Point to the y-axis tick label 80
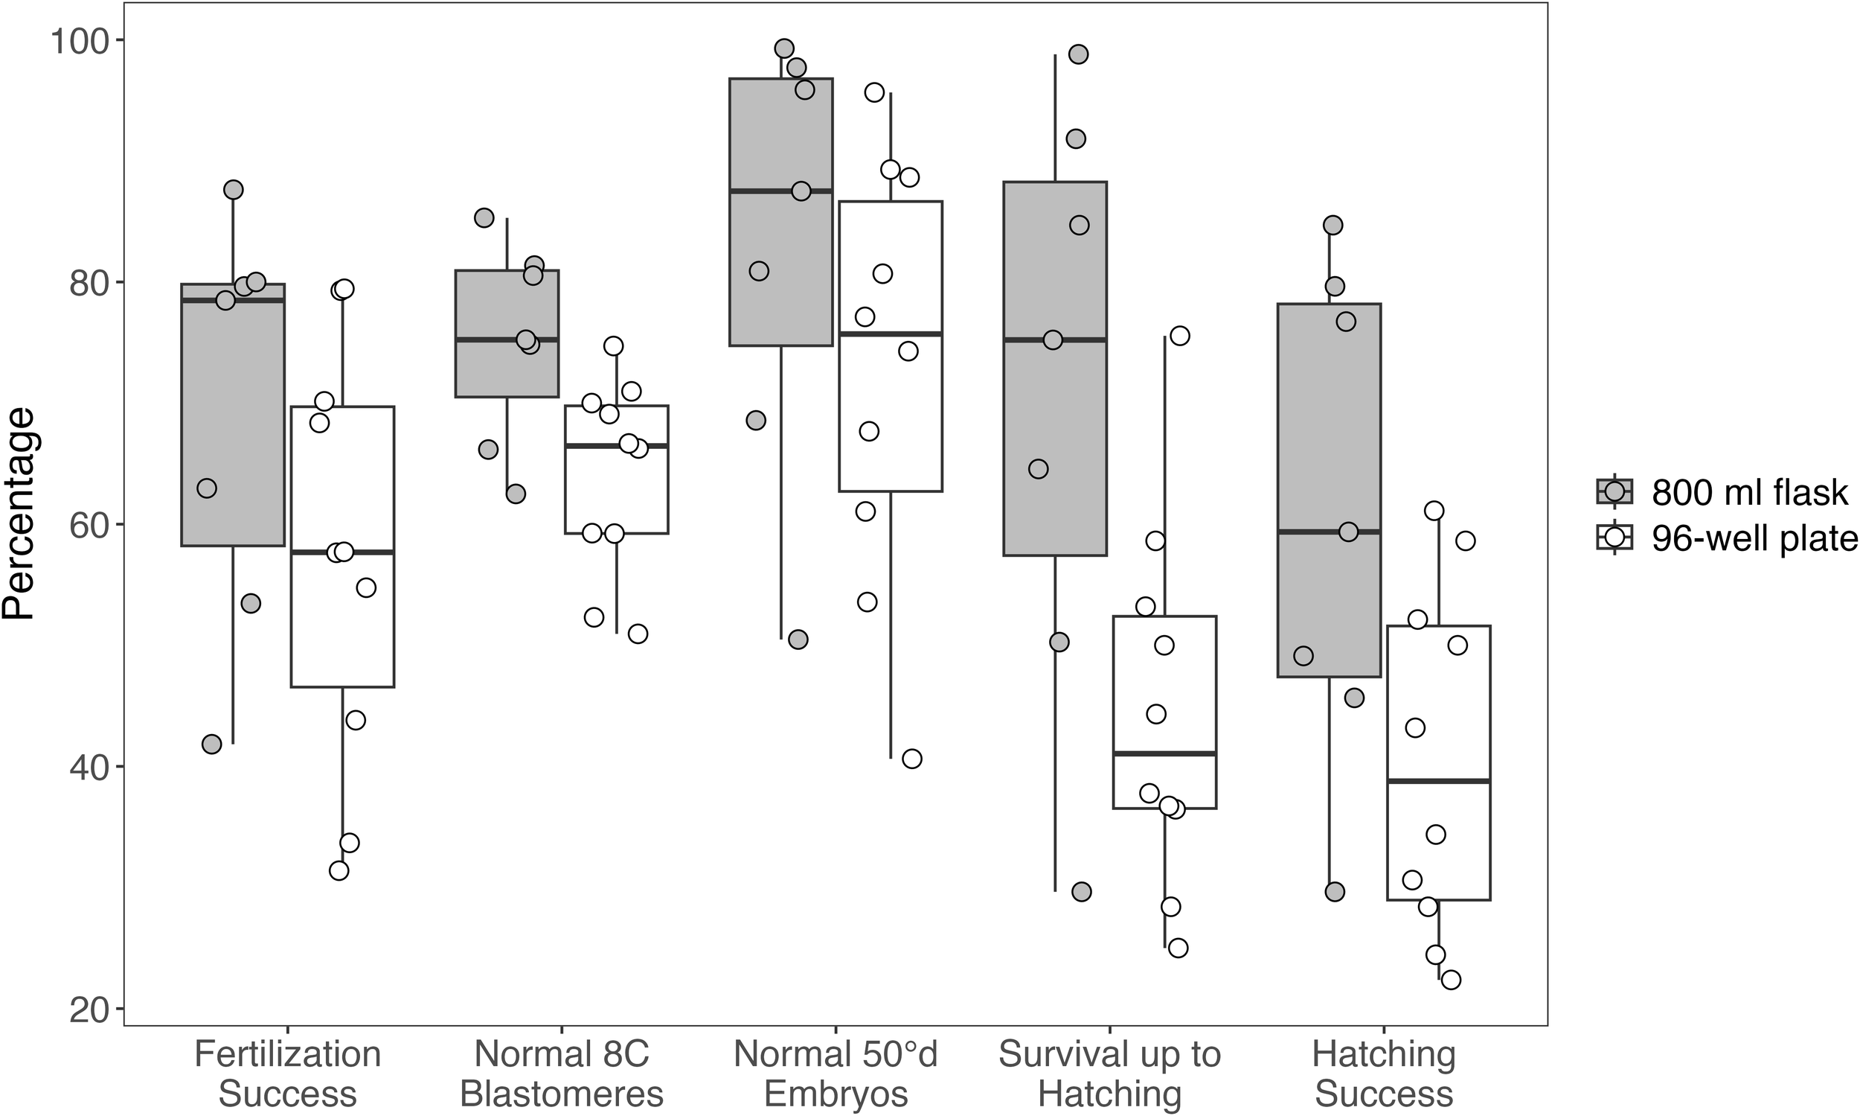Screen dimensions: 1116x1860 84,284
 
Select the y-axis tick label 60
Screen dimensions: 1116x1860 84,526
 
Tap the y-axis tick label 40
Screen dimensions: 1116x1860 84,768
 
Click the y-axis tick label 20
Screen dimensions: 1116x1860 84,1010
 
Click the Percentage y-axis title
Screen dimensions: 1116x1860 19,514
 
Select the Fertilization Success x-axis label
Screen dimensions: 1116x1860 288,1074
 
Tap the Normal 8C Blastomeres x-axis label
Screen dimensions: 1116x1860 562,1074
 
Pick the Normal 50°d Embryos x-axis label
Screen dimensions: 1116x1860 836,1074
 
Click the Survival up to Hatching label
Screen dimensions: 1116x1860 1109,1074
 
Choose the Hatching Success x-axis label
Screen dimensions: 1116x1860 1384,1074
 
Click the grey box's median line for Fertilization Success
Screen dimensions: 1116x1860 233,300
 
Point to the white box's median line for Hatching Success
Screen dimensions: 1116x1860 1438,782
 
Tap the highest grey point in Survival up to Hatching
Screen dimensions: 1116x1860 1078,54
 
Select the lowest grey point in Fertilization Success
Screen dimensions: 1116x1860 212,744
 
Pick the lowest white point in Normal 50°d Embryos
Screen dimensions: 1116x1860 911,759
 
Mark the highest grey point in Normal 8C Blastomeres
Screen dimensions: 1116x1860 484,218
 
